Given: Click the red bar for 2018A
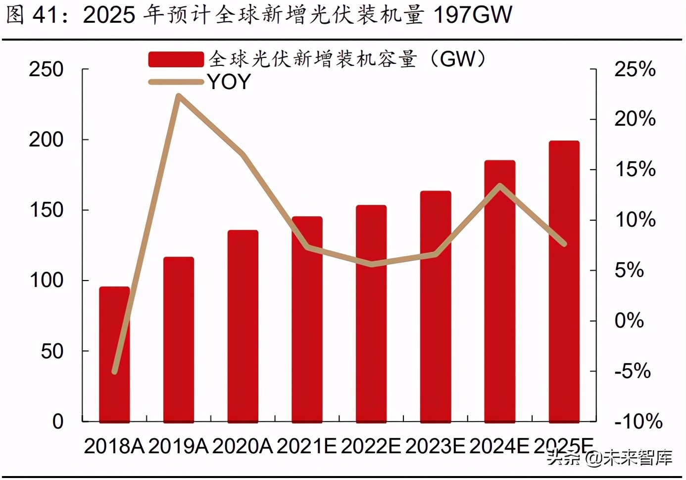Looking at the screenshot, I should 114,354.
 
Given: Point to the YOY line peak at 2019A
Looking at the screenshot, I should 179,96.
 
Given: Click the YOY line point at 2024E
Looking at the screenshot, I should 500,186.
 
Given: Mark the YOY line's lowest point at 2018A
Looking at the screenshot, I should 115,372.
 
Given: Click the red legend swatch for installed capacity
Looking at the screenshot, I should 176,59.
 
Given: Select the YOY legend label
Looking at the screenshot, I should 229,82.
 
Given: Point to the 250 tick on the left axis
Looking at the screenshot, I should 46,69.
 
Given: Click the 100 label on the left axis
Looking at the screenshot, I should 46,281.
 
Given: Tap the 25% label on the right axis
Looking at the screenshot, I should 635,69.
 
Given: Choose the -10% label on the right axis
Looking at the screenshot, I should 638,422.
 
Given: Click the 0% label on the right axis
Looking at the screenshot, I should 629,321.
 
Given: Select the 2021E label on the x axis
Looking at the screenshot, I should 306,446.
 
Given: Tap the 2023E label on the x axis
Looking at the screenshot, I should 435,446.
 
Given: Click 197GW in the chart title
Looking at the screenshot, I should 473,15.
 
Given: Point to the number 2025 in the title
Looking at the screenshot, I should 109,15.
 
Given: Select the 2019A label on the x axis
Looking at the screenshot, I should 178,446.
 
